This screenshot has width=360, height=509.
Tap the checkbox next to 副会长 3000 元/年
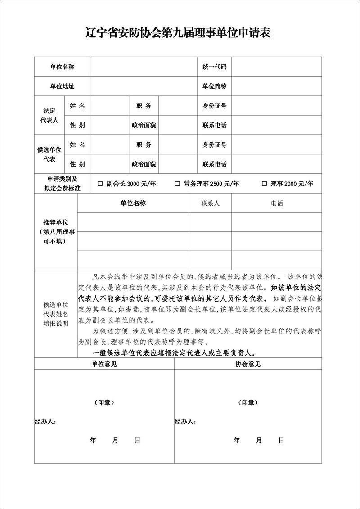[x=100, y=184]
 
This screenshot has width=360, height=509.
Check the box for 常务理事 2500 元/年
[x=178, y=184]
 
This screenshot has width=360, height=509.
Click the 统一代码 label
[x=214, y=67]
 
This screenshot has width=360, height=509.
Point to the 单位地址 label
[x=62, y=86]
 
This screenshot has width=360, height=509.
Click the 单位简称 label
[x=214, y=86]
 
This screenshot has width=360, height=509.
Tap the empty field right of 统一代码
[x=276, y=67]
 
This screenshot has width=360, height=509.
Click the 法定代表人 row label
[x=49, y=115]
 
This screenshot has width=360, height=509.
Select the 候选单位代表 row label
[x=49, y=154]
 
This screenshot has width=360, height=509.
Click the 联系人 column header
[x=210, y=203]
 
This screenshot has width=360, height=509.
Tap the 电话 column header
[x=277, y=203]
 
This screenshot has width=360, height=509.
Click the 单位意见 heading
[x=104, y=364]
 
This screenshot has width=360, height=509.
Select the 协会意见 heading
[x=248, y=364]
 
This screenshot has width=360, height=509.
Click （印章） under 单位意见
[x=104, y=402]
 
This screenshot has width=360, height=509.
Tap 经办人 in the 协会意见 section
[x=185, y=422]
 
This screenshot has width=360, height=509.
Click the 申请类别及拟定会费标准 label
[x=62, y=184]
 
